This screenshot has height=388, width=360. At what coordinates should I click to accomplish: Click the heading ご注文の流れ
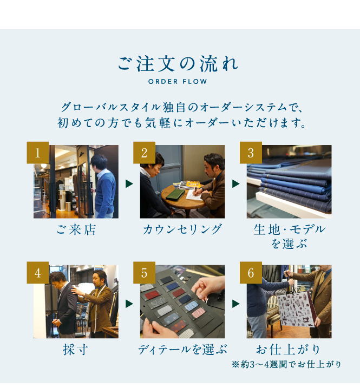(x=178, y=64)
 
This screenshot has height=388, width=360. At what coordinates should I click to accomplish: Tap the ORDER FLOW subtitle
(x=178, y=81)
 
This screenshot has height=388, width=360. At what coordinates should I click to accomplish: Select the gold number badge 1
(x=38, y=153)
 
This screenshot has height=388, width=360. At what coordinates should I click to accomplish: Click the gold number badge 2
(x=144, y=153)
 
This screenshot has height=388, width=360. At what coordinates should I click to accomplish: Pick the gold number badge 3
(x=251, y=153)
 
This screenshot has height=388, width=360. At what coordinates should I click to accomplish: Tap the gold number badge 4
(x=38, y=273)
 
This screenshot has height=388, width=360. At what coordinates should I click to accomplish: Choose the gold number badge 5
(x=144, y=273)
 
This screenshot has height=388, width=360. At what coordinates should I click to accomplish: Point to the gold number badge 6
(x=251, y=273)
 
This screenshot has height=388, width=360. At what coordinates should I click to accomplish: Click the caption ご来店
(x=76, y=229)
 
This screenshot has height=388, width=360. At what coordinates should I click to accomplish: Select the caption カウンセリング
(x=182, y=229)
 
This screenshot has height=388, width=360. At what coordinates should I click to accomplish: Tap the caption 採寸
(x=75, y=350)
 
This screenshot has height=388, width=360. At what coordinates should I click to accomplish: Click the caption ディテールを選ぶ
(x=182, y=350)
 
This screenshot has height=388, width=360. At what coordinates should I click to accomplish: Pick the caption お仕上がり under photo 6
(x=289, y=350)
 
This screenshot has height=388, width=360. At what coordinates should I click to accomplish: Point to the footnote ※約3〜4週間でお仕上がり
(x=287, y=365)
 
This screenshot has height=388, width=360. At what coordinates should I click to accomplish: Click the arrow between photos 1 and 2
(x=129, y=183)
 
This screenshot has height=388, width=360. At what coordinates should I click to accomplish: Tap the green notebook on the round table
(x=175, y=195)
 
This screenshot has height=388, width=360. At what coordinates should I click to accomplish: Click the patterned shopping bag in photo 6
(x=296, y=310)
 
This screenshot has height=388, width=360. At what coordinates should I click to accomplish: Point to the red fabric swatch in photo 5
(x=151, y=295)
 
